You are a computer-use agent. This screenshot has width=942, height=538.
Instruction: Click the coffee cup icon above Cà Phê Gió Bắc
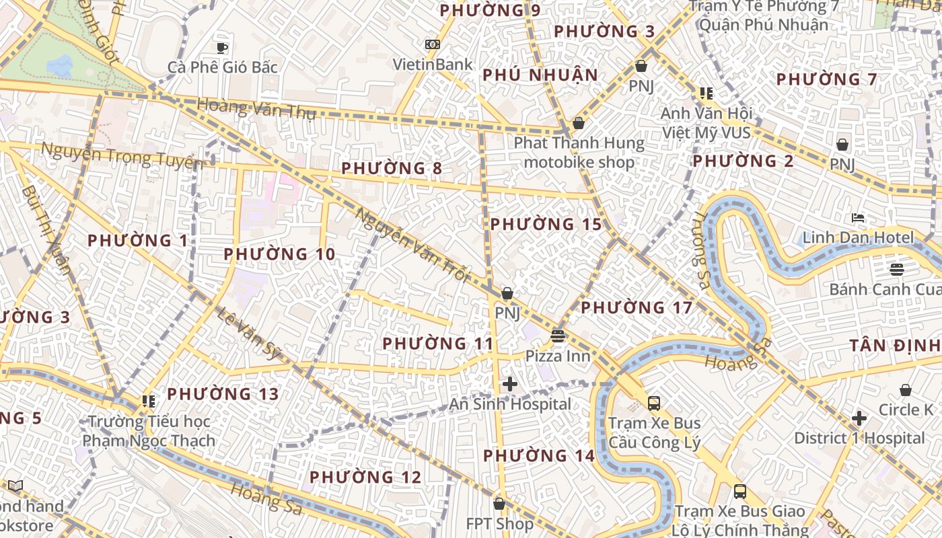tap(222, 48)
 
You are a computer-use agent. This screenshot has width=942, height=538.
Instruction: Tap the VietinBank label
tap(433, 65)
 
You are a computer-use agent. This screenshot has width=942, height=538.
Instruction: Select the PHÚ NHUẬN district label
tap(540, 75)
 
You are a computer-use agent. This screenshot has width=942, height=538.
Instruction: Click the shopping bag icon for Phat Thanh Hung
tap(578, 124)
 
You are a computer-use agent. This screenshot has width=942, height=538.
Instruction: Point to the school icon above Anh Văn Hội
tap(706, 93)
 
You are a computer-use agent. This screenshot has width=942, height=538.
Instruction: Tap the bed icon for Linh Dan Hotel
tap(858, 218)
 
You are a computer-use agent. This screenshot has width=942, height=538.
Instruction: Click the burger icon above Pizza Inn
tap(558, 336)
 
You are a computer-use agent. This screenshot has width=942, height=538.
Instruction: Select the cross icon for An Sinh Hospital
tap(510, 384)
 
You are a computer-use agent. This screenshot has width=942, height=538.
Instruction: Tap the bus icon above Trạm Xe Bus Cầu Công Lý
tap(654, 403)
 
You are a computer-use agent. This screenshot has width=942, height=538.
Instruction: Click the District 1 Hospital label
tap(859, 438)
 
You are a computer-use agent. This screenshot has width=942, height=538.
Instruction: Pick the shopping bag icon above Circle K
tap(906, 390)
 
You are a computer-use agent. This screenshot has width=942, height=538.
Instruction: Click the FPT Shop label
tap(499, 523)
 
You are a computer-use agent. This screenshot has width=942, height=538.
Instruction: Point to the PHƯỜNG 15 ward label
tap(546, 224)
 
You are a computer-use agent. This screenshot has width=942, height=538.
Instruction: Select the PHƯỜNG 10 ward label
tap(279, 254)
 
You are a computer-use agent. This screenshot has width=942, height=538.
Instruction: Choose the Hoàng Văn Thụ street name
tap(256, 109)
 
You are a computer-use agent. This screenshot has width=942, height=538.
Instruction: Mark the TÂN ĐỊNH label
tap(895, 346)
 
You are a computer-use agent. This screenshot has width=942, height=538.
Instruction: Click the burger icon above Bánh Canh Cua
tap(896, 270)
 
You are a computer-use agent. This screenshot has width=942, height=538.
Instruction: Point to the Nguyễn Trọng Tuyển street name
tap(122, 155)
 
